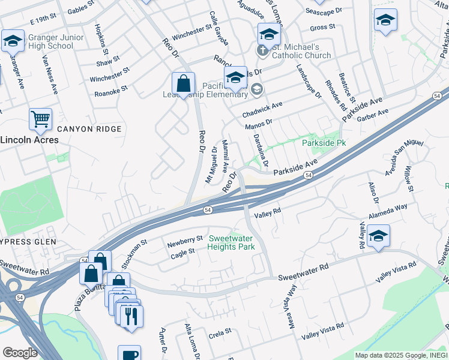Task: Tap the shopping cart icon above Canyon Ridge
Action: click(40, 119)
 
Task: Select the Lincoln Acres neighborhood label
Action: click(29, 140)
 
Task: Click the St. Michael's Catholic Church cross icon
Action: click(262, 51)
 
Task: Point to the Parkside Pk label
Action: click(324, 143)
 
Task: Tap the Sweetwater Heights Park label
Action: click(231, 242)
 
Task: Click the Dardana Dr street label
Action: click(261, 151)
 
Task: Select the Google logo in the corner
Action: click(20, 353)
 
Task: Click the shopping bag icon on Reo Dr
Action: click(183, 83)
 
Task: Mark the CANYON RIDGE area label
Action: click(89, 129)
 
